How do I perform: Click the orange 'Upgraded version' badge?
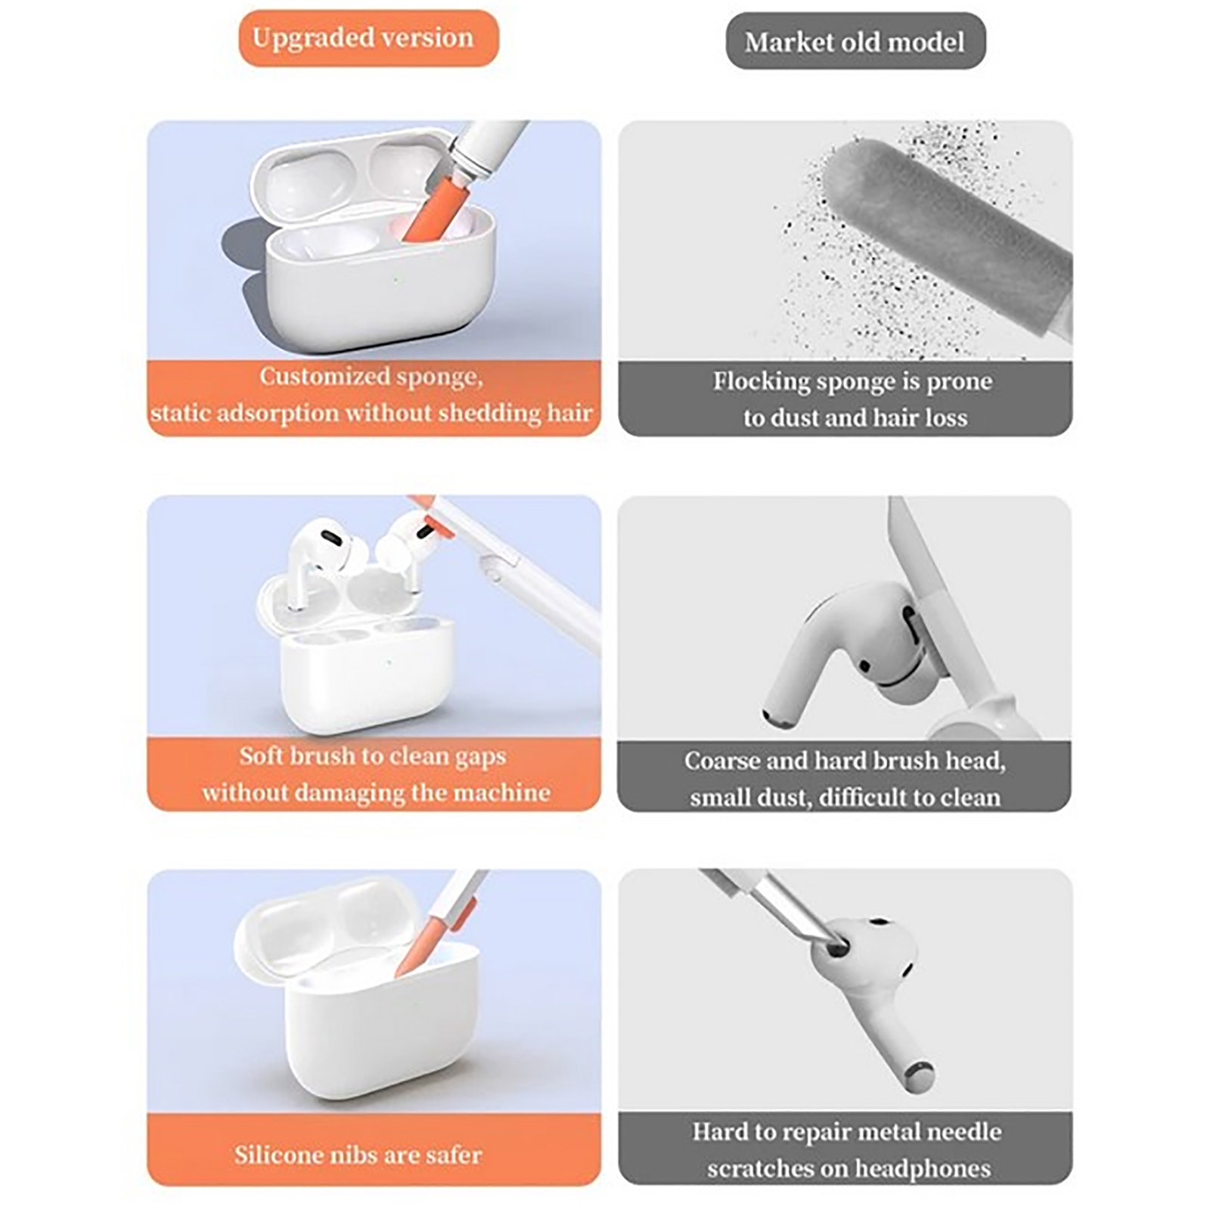[x=368, y=38]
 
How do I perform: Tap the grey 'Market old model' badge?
[x=855, y=42]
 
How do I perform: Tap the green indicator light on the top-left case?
[x=396, y=280]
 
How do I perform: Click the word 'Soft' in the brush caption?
[x=259, y=755]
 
